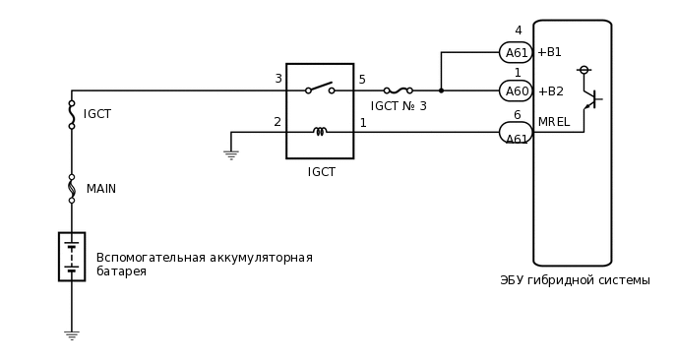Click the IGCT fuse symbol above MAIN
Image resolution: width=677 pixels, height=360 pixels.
(72, 114)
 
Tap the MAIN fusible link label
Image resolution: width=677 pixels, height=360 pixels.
(100, 189)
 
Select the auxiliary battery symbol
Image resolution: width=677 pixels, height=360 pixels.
(72, 257)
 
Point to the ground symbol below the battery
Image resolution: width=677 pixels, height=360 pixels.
(72, 334)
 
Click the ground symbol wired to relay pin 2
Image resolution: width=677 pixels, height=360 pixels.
(231, 153)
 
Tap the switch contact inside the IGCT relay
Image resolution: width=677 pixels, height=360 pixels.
(320, 90)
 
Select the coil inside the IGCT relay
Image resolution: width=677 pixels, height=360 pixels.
(320, 131)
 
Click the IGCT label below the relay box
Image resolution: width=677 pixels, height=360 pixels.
(321, 172)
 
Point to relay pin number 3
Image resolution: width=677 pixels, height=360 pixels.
(277, 80)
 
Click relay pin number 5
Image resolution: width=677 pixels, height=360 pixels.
(362, 80)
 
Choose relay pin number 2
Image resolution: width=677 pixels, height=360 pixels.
(277, 123)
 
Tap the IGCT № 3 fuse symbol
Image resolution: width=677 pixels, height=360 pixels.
(398, 90)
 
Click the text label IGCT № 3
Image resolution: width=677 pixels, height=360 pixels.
(399, 106)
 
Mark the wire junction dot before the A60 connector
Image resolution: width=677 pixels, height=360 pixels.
(441, 90)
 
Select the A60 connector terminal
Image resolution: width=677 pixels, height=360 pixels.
(516, 91)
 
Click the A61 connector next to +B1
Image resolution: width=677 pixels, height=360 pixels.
(516, 53)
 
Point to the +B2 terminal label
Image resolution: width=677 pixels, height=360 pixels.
(550, 91)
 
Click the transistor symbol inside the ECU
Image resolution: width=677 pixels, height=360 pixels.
(590, 99)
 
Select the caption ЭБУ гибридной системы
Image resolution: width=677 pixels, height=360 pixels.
(575, 280)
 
